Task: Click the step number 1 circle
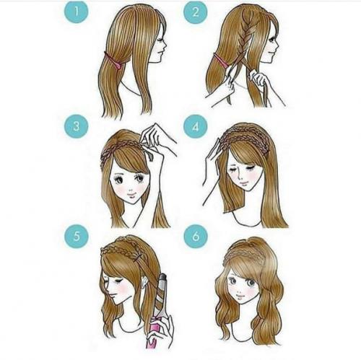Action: pyautogui.click(x=77, y=12)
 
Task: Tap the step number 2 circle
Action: pyautogui.click(x=196, y=12)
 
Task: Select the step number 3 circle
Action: pyautogui.click(x=77, y=126)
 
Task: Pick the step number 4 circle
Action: pyautogui.click(x=196, y=126)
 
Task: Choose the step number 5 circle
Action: pyautogui.click(x=77, y=236)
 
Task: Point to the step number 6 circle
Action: pyautogui.click(x=196, y=236)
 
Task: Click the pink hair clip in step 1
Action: pyautogui.click(x=113, y=61)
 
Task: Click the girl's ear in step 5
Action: pyautogui.click(x=145, y=284)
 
